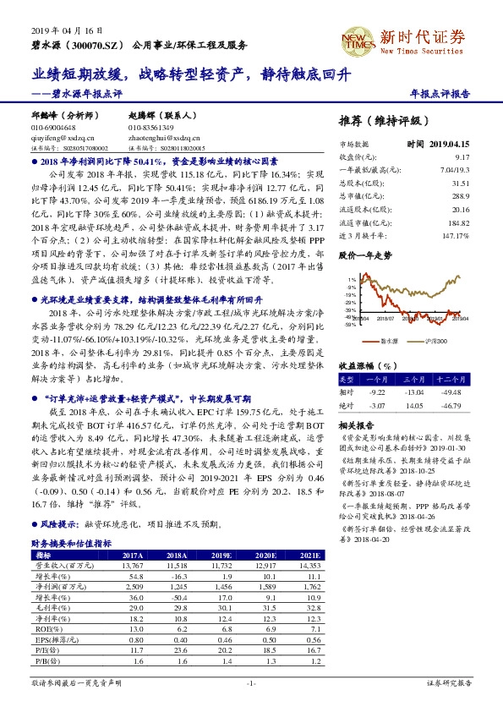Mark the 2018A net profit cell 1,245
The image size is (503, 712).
tap(176, 585)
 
